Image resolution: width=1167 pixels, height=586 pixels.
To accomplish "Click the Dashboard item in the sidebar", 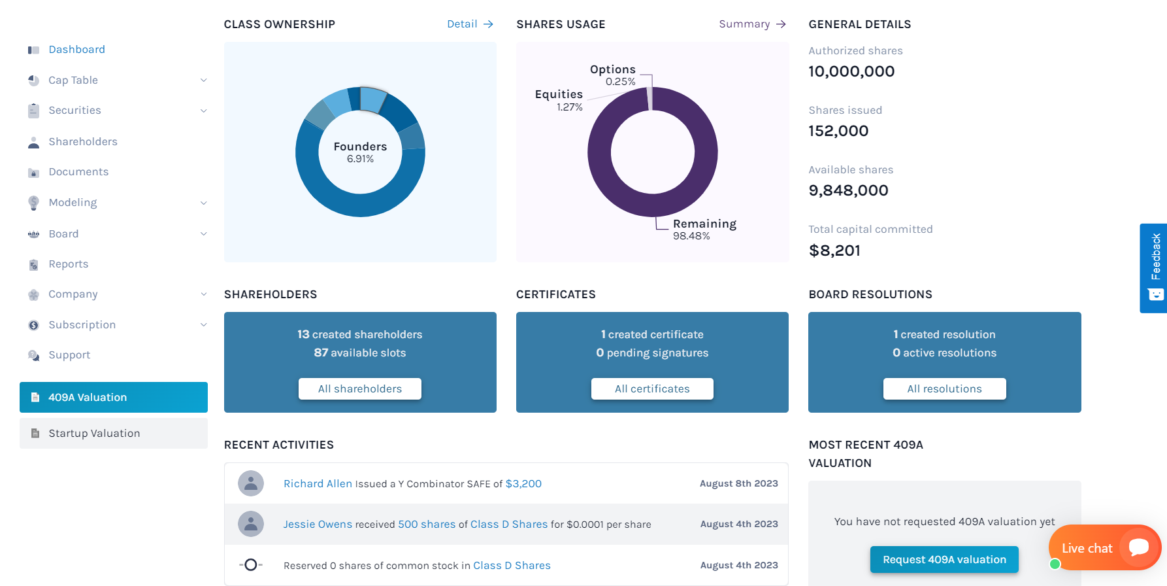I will [76, 50].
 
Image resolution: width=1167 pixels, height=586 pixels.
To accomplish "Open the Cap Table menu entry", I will [73, 80].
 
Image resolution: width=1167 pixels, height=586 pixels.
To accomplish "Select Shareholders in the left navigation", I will [83, 142].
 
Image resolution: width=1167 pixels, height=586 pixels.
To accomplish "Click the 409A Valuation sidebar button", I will [114, 398].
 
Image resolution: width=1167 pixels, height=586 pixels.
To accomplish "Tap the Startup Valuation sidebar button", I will [114, 434].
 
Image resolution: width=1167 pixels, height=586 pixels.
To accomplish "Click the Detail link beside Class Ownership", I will [470, 24].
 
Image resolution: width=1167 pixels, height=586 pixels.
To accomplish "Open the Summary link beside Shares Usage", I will [752, 24].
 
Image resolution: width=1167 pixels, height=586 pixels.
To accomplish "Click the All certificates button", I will [652, 389].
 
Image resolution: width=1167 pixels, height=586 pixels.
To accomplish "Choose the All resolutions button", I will [944, 389].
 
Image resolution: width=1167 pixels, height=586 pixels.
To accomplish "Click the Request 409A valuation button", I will [944, 560].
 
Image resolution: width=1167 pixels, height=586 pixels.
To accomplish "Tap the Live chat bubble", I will [1104, 548].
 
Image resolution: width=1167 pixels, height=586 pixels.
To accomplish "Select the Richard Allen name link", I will [318, 484].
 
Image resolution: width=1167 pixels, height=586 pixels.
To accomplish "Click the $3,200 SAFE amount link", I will [523, 484].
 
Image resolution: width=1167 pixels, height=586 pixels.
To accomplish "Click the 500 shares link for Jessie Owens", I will [427, 525].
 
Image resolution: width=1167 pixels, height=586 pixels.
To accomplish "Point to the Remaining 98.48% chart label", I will [704, 230].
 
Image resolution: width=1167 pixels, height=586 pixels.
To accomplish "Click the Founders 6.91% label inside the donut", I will [360, 152].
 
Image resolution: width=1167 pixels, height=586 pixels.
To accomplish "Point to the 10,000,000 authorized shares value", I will [851, 71].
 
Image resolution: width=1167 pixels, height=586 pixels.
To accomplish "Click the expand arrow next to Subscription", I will [203, 325].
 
